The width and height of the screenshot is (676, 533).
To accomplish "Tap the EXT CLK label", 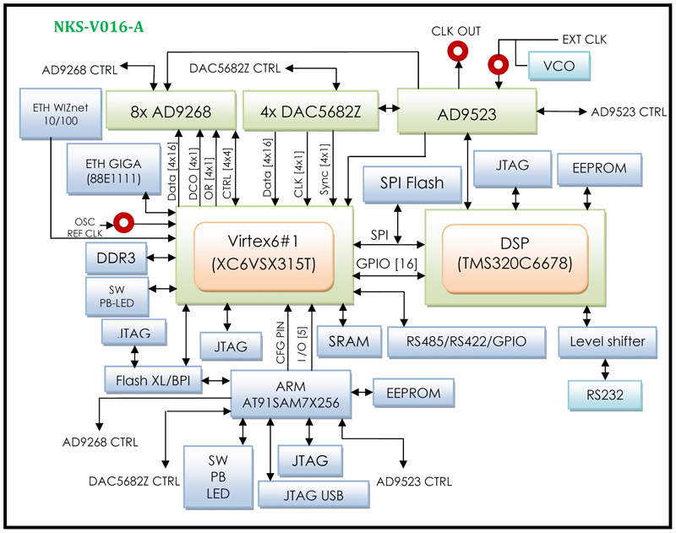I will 584,40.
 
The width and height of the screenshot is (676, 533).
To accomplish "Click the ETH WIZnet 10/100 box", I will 54,111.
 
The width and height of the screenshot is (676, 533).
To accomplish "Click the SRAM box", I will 349,340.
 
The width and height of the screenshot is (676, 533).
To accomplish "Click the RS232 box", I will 603,394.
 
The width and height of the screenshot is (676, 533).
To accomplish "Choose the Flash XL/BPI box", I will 154,380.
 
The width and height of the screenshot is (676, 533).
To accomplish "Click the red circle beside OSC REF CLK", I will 125,223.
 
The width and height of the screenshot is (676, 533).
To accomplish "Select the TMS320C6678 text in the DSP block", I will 515,264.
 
